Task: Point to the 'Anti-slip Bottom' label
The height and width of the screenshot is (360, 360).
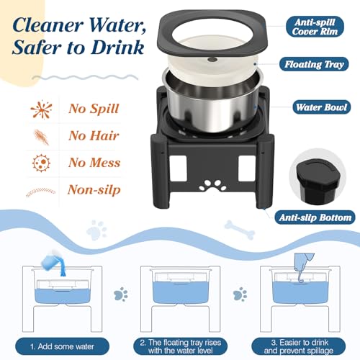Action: click(316, 217)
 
